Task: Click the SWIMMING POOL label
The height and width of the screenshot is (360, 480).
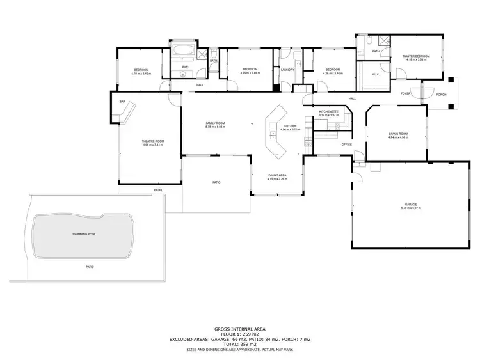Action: tap(84, 235)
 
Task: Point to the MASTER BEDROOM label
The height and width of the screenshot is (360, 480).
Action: tap(416, 56)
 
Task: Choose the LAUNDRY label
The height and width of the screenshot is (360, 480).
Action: tap(287, 70)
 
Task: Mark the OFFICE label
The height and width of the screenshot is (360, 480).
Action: tap(346, 145)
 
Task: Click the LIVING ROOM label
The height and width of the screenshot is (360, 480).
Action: tap(398, 134)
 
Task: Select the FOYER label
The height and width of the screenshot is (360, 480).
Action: tap(405, 93)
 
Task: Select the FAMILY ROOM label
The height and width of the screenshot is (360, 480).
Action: tap(214, 123)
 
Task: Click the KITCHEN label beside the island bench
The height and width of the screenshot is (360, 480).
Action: tap(290, 126)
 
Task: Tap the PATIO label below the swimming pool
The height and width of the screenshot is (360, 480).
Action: tap(90, 267)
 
